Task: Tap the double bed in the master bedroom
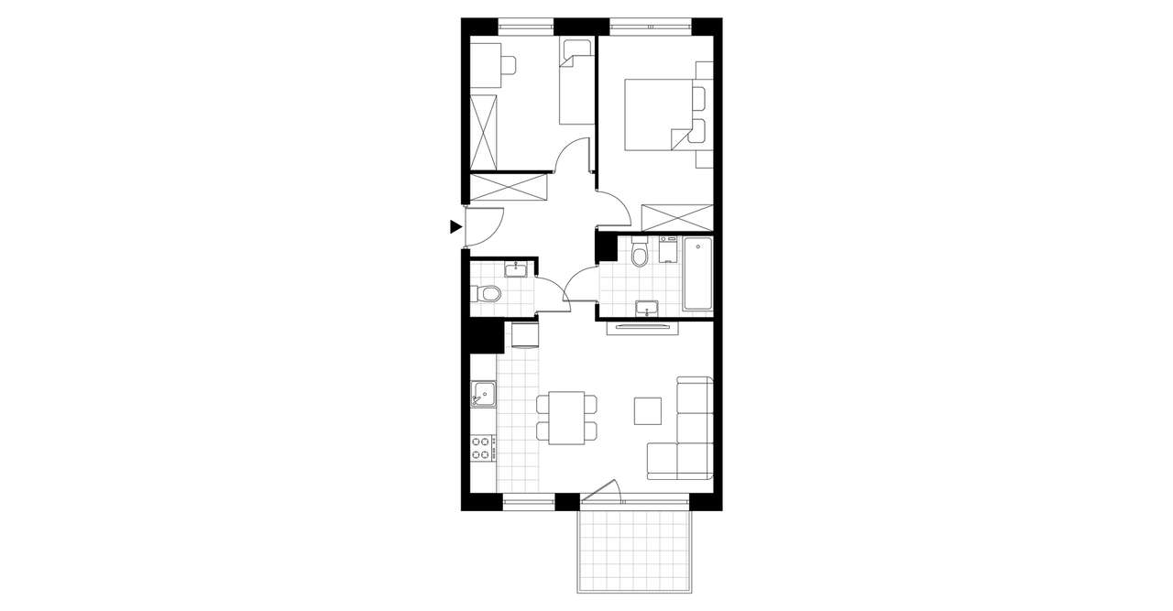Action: point(658,114)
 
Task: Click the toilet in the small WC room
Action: point(488,294)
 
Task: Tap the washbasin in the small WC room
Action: point(515,268)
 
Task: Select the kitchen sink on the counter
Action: point(482,395)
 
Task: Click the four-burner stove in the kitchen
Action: point(482,449)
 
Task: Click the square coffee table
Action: point(648,409)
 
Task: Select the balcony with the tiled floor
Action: point(632,550)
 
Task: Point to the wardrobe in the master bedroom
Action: point(678,217)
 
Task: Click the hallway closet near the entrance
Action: point(508,187)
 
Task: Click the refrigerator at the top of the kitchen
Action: point(524,335)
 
